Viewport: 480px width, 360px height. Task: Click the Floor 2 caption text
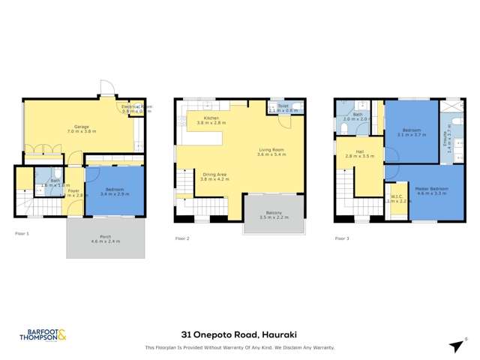coord(182,238)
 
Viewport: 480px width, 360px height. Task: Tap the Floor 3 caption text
coord(342,238)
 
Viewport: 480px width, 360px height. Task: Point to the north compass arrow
coord(457,346)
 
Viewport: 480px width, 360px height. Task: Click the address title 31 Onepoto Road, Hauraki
coord(239,335)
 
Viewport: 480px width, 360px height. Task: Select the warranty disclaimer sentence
coord(239,348)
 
